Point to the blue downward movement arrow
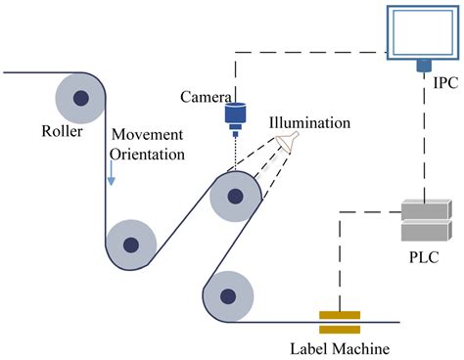pos(113,172)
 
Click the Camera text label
pos(206,97)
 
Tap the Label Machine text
pos(339,347)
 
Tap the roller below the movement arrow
pos(130,241)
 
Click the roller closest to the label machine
pos(227,294)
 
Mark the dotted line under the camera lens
pos(235,151)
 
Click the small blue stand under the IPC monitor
pos(423,67)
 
